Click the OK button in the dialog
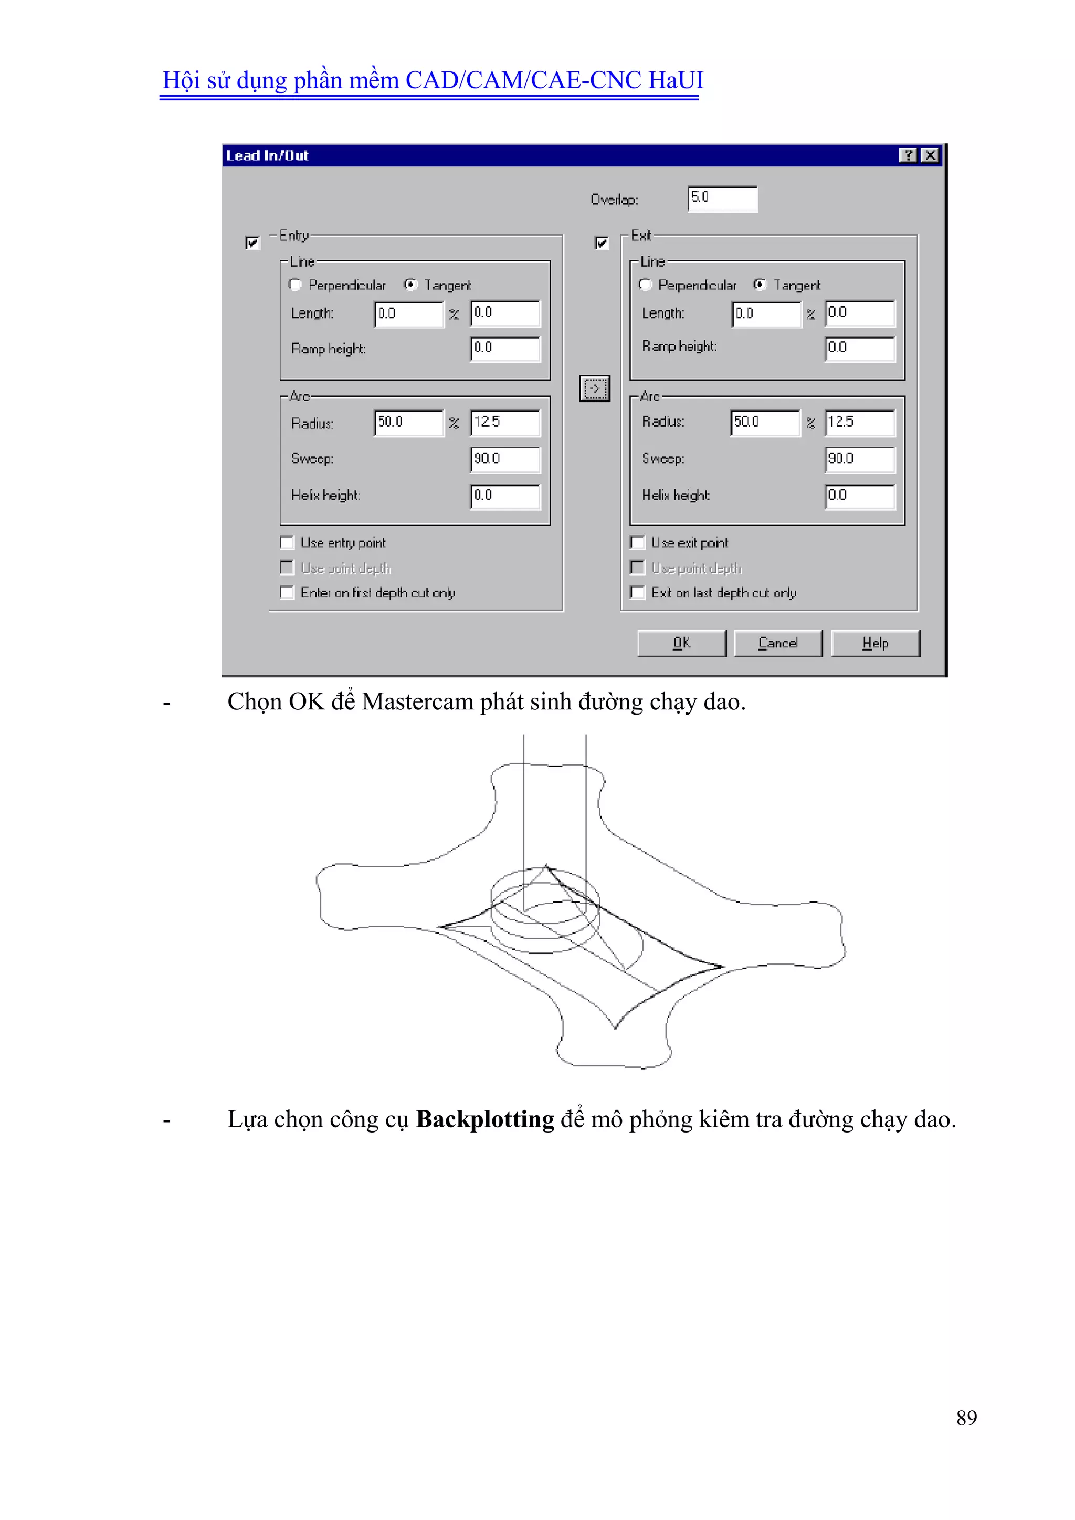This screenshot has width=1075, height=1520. pos(681,643)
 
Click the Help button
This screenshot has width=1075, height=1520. pos(874,643)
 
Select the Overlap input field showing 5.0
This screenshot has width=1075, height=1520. pos(722,198)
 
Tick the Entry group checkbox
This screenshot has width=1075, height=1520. pos(252,243)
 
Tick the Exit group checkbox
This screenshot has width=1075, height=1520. pos(601,243)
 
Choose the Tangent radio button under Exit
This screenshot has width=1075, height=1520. pos(760,285)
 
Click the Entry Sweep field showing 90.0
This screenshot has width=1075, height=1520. pos(504,459)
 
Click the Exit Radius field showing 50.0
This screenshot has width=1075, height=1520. pos(765,422)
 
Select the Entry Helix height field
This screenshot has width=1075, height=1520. pos(504,496)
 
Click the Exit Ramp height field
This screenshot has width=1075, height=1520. pos(859,348)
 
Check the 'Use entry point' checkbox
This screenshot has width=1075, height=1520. pos(287,543)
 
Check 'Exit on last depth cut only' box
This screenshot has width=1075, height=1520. pos(637,592)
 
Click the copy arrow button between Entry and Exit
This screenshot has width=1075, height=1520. pos(594,388)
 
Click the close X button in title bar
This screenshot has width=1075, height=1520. pos(930,155)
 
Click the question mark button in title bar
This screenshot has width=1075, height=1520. pos(908,155)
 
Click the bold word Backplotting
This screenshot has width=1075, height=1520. pos(484,1119)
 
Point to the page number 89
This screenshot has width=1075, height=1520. pos(966,1418)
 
